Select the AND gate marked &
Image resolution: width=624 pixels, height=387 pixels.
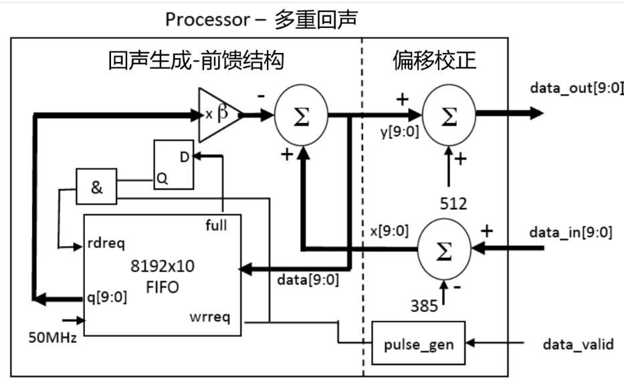[x=96, y=188]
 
